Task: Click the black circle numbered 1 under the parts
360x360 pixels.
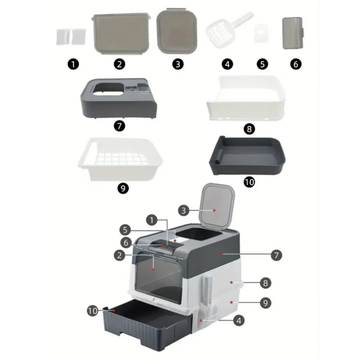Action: click(x=73, y=64)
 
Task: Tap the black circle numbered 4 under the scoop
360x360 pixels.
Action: click(x=227, y=64)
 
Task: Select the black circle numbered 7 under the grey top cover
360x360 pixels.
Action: click(x=119, y=126)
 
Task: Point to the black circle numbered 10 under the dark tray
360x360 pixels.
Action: click(x=249, y=182)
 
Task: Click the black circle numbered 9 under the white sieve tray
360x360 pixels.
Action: click(x=123, y=189)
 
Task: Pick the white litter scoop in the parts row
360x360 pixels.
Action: click(x=229, y=30)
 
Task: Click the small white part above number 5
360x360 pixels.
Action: click(x=261, y=33)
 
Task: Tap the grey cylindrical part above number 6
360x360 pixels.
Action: click(x=293, y=33)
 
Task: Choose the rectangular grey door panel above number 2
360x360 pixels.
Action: click(x=121, y=34)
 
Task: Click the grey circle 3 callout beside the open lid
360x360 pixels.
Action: click(x=184, y=211)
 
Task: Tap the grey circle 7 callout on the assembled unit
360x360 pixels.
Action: click(x=276, y=255)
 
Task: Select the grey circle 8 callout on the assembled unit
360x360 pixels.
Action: click(x=265, y=283)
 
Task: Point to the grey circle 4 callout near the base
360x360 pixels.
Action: click(x=239, y=320)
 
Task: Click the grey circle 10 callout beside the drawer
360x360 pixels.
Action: click(x=93, y=311)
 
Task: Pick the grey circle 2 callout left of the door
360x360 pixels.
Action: click(x=119, y=255)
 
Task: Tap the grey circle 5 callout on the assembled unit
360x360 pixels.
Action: click(x=125, y=230)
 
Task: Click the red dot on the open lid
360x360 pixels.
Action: click(x=214, y=210)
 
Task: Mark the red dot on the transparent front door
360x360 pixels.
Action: click(x=153, y=269)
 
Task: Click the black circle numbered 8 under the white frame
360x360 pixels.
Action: click(x=249, y=129)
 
